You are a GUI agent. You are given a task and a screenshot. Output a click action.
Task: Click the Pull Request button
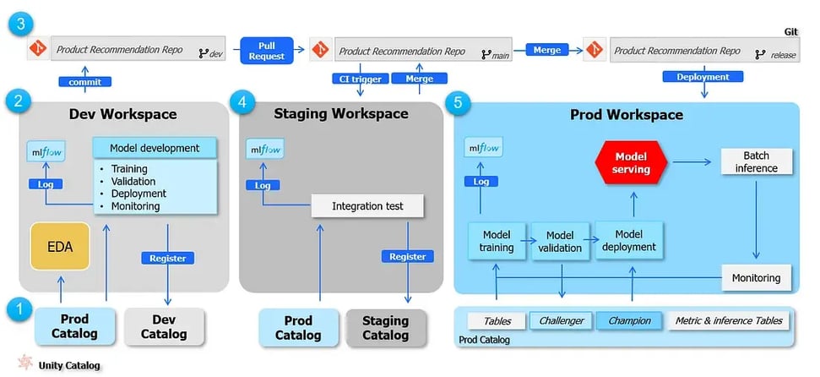tap(266, 50)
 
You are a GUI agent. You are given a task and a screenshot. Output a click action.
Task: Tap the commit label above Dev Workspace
tap(84, 81)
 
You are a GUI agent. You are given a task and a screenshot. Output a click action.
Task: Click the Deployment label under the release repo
tap(703, 76)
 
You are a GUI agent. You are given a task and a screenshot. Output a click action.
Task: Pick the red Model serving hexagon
tap(631, 163)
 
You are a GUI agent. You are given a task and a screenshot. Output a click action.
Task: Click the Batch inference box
tap(756, 161)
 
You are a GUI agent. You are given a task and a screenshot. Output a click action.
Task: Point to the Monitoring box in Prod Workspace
tap(756, 277)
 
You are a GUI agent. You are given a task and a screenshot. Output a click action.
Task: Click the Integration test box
tap(367, 205)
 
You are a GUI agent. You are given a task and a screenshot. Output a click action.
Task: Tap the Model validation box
tap(560, 241)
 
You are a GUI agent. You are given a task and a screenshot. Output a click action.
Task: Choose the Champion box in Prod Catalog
tap(629, 320)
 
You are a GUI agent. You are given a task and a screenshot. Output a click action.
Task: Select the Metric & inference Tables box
tap(730, 320)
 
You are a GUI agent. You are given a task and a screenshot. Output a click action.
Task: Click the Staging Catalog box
tap(385, 327)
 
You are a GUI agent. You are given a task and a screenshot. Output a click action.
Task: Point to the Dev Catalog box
tap(164, 327)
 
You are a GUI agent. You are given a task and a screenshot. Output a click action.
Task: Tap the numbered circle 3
tap(21, 24)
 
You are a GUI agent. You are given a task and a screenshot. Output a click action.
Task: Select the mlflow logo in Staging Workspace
tap(265, 150)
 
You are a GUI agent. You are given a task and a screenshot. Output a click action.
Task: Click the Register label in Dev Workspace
tap(167, 257)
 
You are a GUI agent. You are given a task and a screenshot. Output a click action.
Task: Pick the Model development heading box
tap(155, 148)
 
